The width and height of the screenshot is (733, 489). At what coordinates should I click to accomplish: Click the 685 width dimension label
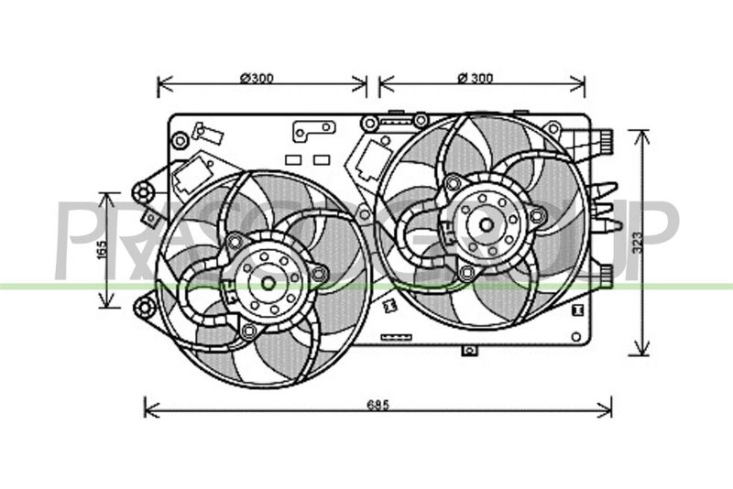tap(377, 405)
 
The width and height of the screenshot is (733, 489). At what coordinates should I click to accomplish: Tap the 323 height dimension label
tap(638, 243)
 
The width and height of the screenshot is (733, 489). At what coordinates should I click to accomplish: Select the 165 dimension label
tap(102, 249)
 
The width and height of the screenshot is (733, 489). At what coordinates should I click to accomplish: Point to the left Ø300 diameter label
tap(257, 78)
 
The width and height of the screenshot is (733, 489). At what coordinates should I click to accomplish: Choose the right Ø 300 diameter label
tap(476, 78)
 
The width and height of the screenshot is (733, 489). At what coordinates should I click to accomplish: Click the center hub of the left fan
tap(268, 283)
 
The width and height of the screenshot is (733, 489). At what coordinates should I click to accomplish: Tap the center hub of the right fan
tap(487, 224)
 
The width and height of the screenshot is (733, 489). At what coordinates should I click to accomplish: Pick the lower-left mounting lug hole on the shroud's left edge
tap(145, 307)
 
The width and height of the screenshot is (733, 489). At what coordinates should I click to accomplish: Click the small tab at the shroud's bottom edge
tap(469, 350)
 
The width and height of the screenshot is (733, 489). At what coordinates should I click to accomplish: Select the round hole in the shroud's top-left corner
tap(180, 141)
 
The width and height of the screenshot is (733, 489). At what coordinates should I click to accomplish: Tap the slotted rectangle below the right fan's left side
tap(397, 337)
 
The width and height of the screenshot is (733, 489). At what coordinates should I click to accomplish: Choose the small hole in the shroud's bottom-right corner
tap(576, 336)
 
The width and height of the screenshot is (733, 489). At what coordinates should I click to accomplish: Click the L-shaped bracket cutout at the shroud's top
tap(313, 130)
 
